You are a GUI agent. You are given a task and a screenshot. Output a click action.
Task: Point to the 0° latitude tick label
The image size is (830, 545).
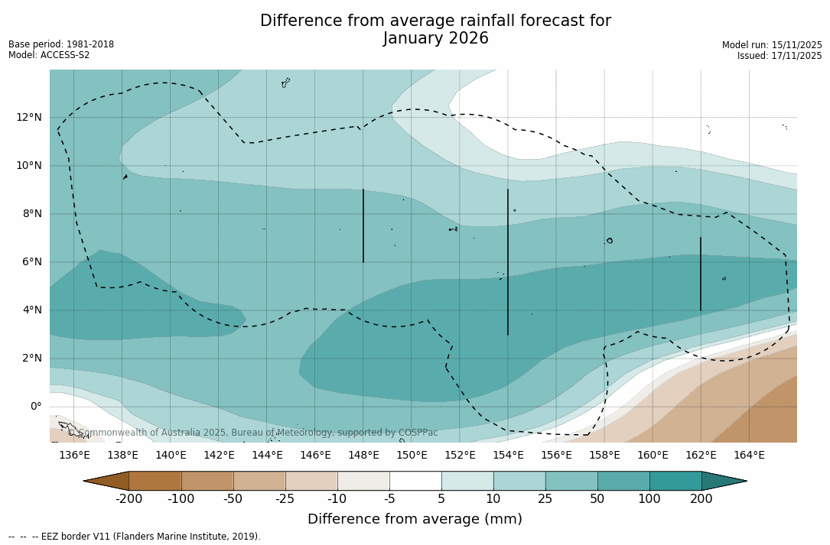click(x=36, y=406)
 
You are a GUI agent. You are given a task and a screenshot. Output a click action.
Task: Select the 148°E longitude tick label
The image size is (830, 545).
click(x=363, y=456)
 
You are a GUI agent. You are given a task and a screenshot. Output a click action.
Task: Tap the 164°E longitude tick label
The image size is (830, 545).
click(x=749, y=456)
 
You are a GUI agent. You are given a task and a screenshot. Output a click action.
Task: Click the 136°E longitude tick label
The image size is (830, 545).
click(x=74, y=456)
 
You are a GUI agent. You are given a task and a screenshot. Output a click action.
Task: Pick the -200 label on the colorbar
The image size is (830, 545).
click(x=129, y=499)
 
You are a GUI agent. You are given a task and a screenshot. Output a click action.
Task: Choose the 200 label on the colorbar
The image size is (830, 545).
click(x=701, y=499)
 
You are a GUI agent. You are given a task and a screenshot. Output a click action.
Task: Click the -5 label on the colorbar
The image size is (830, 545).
click(x=389, y=499)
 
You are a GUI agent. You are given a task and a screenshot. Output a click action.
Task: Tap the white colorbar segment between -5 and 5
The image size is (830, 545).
click(x=415, y=481)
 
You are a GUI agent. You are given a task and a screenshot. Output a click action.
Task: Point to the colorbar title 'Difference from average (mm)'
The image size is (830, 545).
click(x=415, y=520)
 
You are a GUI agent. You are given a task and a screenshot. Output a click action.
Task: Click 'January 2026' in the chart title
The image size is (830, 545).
click(x=435, y=39)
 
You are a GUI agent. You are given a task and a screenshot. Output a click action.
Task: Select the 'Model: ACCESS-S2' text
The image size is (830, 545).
click(x=49, y=55)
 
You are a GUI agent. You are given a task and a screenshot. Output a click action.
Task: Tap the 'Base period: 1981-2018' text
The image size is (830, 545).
click(x=61, y=44)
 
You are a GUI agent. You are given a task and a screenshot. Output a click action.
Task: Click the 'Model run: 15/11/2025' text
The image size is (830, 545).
click(x=772, y=45)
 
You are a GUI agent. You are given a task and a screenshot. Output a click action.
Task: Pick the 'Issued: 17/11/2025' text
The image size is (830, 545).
click(x=780, y=56)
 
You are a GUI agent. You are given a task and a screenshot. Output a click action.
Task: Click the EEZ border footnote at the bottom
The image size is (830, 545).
click(x=135, y=537)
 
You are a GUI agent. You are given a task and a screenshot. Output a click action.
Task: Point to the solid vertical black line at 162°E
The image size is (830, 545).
click(x=701, y=274)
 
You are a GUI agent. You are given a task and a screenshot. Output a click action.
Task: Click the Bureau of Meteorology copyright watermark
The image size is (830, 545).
click(x=259, y=433)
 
